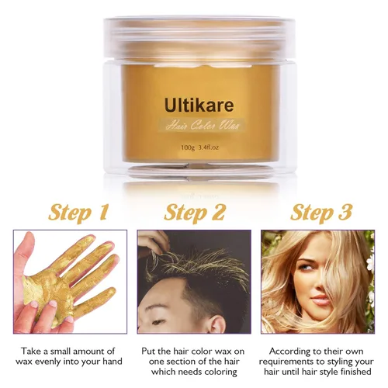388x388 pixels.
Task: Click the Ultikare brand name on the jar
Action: coord(199,106)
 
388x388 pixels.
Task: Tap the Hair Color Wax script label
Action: coord(203,126)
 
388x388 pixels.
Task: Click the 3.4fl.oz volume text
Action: coord(209,147)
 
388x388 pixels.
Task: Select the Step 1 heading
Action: coord(78,213)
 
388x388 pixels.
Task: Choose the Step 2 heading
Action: coord(195,213)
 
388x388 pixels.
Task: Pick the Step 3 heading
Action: coord(321,213)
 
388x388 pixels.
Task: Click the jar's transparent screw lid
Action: coord(199,39)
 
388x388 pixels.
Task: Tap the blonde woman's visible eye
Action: coord(305,273)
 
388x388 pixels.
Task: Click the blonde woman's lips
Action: coord(320,301)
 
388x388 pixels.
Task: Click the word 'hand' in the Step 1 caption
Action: coord(113,361)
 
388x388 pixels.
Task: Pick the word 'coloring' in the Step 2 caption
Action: coord(220,372)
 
